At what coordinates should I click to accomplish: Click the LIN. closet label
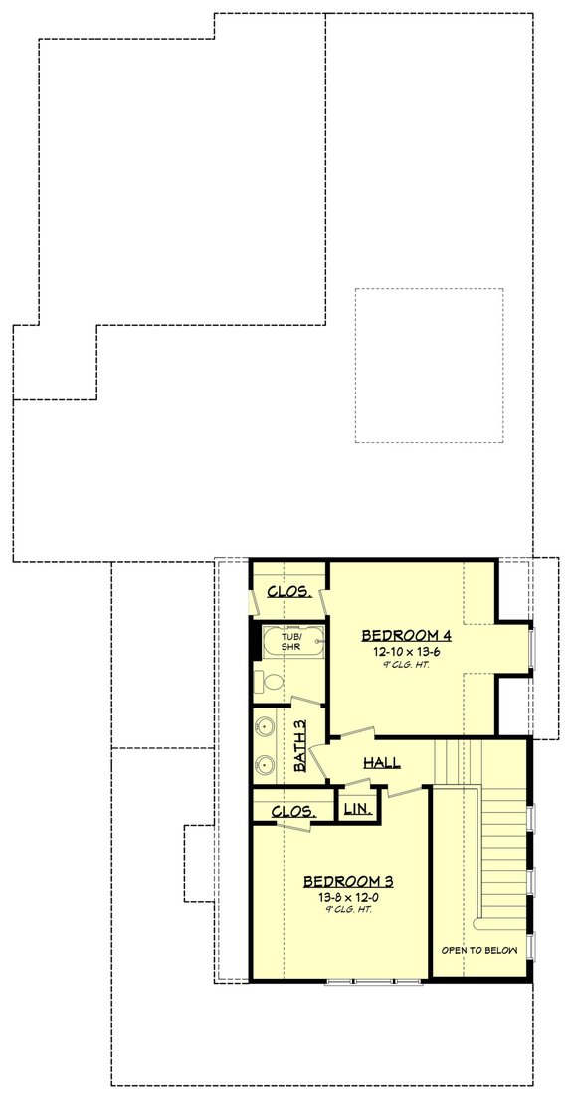coord(356,810)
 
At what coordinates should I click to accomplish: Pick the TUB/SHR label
coord(290,642)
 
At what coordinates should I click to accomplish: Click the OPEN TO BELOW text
coord(480,950)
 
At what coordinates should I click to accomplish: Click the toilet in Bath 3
coord(271,681)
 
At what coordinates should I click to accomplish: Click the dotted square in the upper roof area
coord(429,365)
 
